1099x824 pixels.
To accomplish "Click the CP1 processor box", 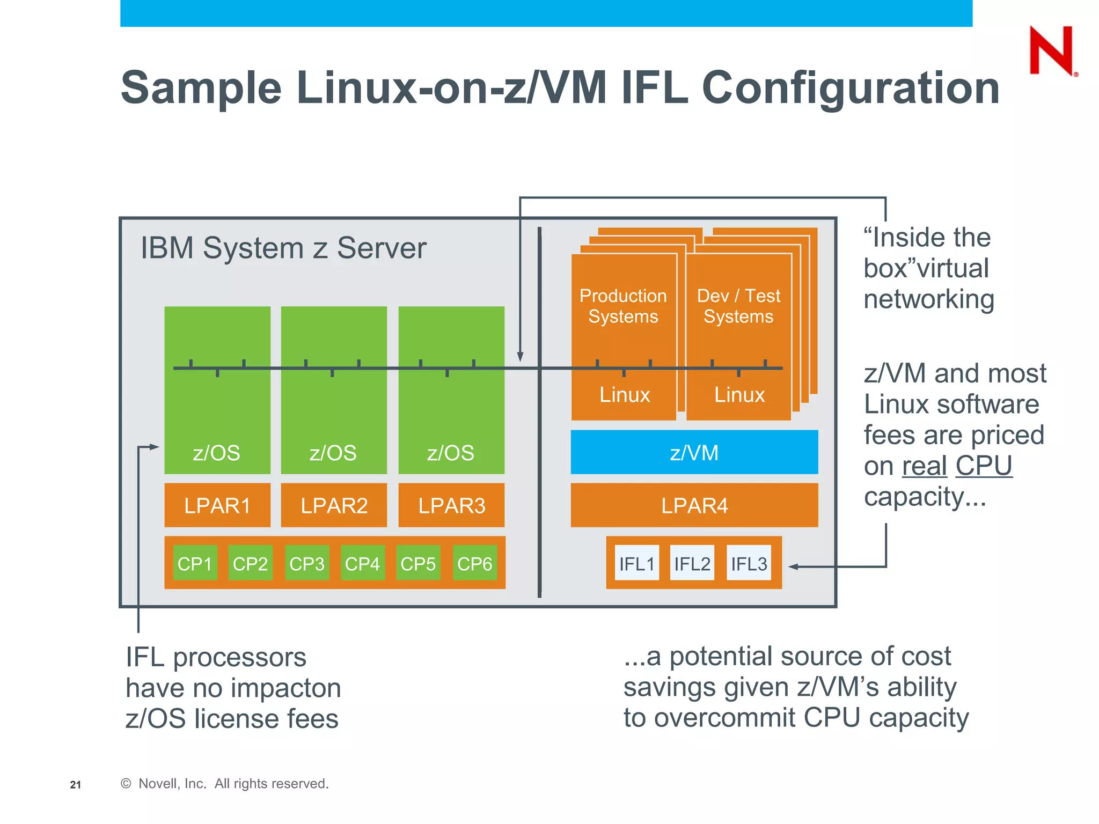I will [195, 563].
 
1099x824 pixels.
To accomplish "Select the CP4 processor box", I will [362, 563].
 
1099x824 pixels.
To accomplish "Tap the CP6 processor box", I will [474, 563].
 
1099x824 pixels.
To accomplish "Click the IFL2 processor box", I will [692, 563].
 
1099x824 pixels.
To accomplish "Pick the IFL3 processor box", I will [749, 563].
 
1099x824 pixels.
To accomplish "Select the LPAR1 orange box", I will [217, 505].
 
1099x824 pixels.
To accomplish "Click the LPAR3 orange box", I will [451, 505].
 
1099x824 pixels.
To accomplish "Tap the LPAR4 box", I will [694, 505].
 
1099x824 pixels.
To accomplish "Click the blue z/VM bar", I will [694, 452].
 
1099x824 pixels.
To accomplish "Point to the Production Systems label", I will [623, 306].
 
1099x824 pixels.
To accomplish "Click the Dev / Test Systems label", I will [738, 306].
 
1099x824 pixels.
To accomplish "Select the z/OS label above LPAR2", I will [333, 453].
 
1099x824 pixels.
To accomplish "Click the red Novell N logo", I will [1052, 51].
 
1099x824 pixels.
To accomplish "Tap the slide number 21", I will [76, 785].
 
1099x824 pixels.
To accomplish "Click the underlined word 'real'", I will [924, 466].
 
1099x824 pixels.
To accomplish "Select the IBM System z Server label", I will [283, 248].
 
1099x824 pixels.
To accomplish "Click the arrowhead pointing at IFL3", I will [793, 566].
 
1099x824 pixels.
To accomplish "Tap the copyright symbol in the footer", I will [126, 784].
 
